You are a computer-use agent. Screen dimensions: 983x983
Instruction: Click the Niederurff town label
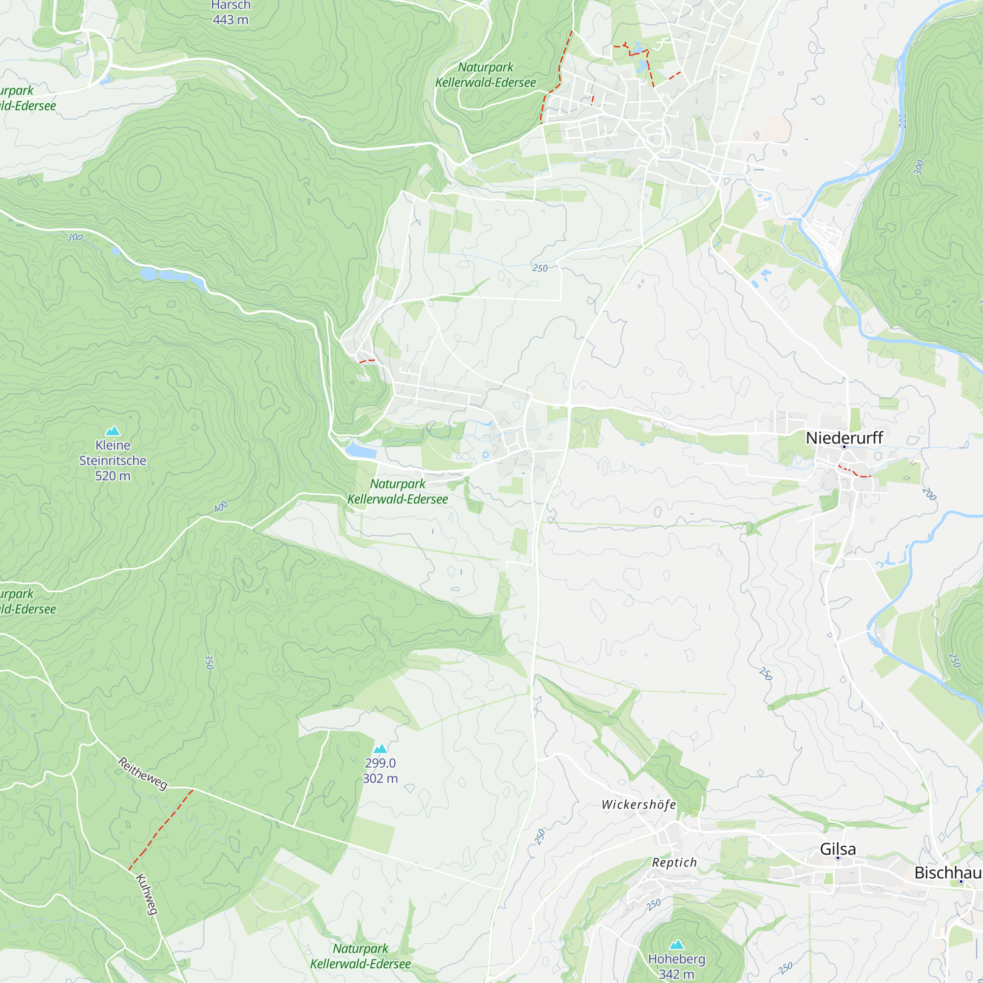(844, 437)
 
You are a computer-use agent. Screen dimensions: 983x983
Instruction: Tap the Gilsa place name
(838, 849)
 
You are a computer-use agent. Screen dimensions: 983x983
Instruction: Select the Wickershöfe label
(638, 805)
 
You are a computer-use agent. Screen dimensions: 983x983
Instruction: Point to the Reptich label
(674, 863)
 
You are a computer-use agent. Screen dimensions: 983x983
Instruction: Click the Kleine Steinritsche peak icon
(113, 431)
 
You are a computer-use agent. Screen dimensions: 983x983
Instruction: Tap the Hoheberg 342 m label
(676, 966)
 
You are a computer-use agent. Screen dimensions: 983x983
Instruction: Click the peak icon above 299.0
(380, 749)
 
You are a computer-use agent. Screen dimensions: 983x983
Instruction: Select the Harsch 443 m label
(231, 13)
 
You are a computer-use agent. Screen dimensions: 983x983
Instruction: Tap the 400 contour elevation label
(221, 507)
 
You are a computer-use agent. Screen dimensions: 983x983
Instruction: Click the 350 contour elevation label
(208, 662)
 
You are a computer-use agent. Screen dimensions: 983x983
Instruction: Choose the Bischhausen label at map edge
(948, 872)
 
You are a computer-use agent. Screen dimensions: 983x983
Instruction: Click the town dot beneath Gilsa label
(838, 858)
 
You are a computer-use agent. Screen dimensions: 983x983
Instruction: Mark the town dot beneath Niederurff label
(844, 447)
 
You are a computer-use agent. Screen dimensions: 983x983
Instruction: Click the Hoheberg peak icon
(676, 945)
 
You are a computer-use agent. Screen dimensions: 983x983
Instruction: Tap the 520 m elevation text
(113, 476)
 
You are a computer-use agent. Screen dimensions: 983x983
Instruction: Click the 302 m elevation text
(380, 779)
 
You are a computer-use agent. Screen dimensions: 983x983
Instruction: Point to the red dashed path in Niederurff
(855, 472)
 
